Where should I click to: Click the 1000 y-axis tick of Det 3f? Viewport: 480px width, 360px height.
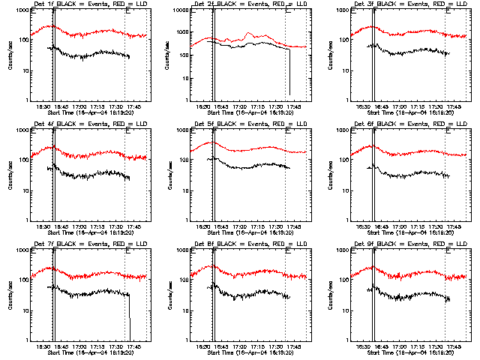point(335,10)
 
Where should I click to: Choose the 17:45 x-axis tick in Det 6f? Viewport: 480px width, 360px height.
point(453,226)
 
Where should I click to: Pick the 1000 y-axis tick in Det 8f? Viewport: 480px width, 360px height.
point(175,250)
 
